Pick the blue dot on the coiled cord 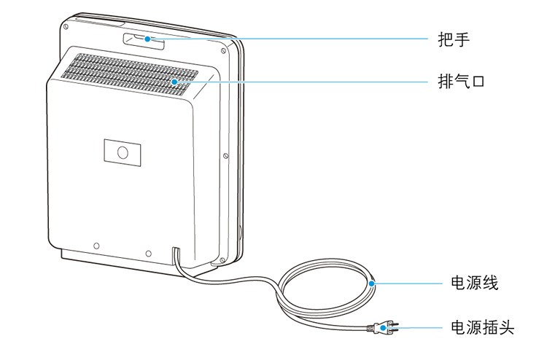[x=373, y=283]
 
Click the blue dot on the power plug [x=383, y=329]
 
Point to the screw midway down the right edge [x=226, y=154]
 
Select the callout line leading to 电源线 [x=408, y=283]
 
